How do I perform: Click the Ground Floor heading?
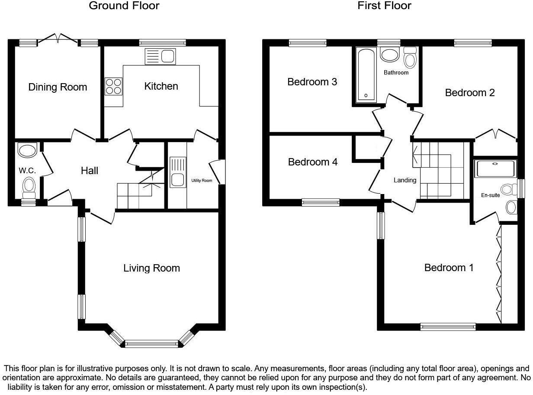click(x=124, y=6)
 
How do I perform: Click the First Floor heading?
click(x=384, y=6)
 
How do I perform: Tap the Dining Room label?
click(x=58, y=87)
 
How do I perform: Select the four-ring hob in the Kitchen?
click(x=113, y=86)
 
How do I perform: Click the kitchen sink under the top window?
click(x=160, y=57)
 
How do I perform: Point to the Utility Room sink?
click(x=178, y=172)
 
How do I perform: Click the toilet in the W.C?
click(x=29, y=188)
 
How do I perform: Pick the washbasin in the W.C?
click(x=27, y=150)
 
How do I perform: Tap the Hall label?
click(x=90, y=171)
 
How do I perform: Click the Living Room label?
click(x=151, y=268)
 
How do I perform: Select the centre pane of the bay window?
click(x=151, y=344)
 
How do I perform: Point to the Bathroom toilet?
click(x=410, y=57)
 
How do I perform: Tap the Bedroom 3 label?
click(x=312, y=82)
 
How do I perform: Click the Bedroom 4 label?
click(x=313, y=162)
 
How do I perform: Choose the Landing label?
click(x=405, y=180)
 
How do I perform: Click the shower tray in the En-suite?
click(x=495, y=169)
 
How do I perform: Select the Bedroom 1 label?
click(x=449, y=268)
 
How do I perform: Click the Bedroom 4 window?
click(x=321, y=202)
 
